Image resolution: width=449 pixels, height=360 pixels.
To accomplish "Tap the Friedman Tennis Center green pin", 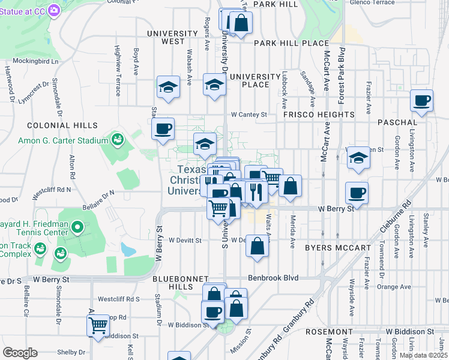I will (x=77, y=228).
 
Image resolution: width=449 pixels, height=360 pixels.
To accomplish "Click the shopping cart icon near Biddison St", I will (x=98, y=326).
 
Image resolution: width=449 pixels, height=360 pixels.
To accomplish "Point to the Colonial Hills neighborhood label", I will (x=62, y=125).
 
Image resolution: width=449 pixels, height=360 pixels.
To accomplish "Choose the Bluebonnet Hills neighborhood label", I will (x=180, y=283).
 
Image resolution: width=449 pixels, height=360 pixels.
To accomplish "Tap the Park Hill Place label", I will (x=291, y=43).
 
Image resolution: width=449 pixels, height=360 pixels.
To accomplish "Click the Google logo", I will (x=20, y=353).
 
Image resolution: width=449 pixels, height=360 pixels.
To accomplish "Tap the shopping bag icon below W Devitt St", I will (x=257, y=247).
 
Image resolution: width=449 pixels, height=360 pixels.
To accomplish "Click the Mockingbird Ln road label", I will (x=38, y=61).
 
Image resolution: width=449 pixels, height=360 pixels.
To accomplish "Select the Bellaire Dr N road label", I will (x=99, y=195).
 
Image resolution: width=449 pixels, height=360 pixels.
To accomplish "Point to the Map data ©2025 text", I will (x=423, y=355).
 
